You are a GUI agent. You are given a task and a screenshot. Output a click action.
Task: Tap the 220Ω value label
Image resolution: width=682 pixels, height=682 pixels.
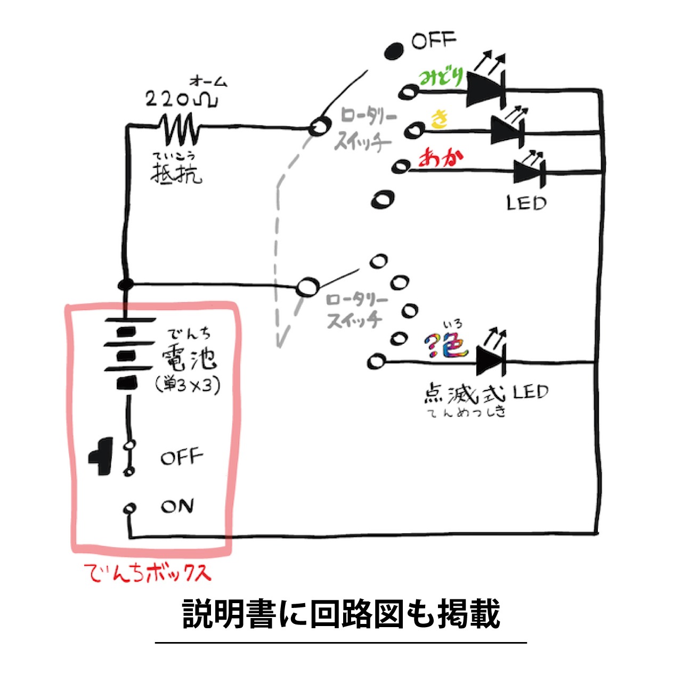[182, 99]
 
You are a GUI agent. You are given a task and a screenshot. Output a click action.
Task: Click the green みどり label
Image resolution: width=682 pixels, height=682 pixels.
[441, 77]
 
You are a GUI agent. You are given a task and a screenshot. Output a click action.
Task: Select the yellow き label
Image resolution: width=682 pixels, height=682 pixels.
[440, 119]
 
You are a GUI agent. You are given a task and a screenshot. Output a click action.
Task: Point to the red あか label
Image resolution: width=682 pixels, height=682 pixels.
[441, 158]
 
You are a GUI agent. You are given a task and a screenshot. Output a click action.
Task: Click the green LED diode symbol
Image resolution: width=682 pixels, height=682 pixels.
[485, 89]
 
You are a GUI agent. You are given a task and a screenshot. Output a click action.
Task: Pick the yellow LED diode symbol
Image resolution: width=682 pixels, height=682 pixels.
[507, 130]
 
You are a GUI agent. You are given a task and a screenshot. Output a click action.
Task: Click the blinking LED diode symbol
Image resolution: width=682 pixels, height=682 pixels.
[491, 362]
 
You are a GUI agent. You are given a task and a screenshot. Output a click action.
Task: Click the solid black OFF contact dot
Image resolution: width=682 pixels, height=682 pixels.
[394, 52]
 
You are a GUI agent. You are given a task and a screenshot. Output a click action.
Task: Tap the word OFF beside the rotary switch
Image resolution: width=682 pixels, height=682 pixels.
[434, 40]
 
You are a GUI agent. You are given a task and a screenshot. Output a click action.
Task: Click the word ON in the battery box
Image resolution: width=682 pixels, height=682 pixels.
[177, 506]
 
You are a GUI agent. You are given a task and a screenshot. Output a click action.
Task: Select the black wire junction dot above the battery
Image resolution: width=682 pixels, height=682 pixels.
[125, 284]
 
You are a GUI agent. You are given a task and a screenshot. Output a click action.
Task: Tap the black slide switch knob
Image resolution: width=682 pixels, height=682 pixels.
[101, 456]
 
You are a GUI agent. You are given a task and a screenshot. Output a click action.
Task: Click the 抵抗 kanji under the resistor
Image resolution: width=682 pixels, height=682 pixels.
[176, 173]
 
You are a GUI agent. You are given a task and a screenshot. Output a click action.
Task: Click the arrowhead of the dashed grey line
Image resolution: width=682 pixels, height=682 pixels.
[280, 340]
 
